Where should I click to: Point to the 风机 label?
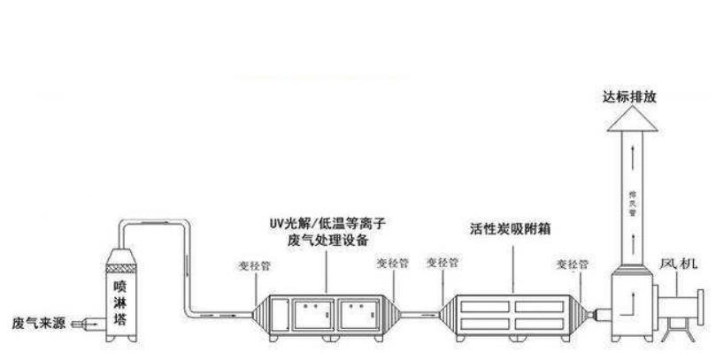pyautogui.click(x=680, y=264)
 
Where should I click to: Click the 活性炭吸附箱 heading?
pyautogui.click(x=511, y=227)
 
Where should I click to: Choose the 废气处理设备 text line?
pyautogui.click(x=327, y=240)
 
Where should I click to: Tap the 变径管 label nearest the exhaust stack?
pyautogui.click(x=572, y=264)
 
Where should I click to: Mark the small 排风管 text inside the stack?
pyautogui.click(x=633, y=200)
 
